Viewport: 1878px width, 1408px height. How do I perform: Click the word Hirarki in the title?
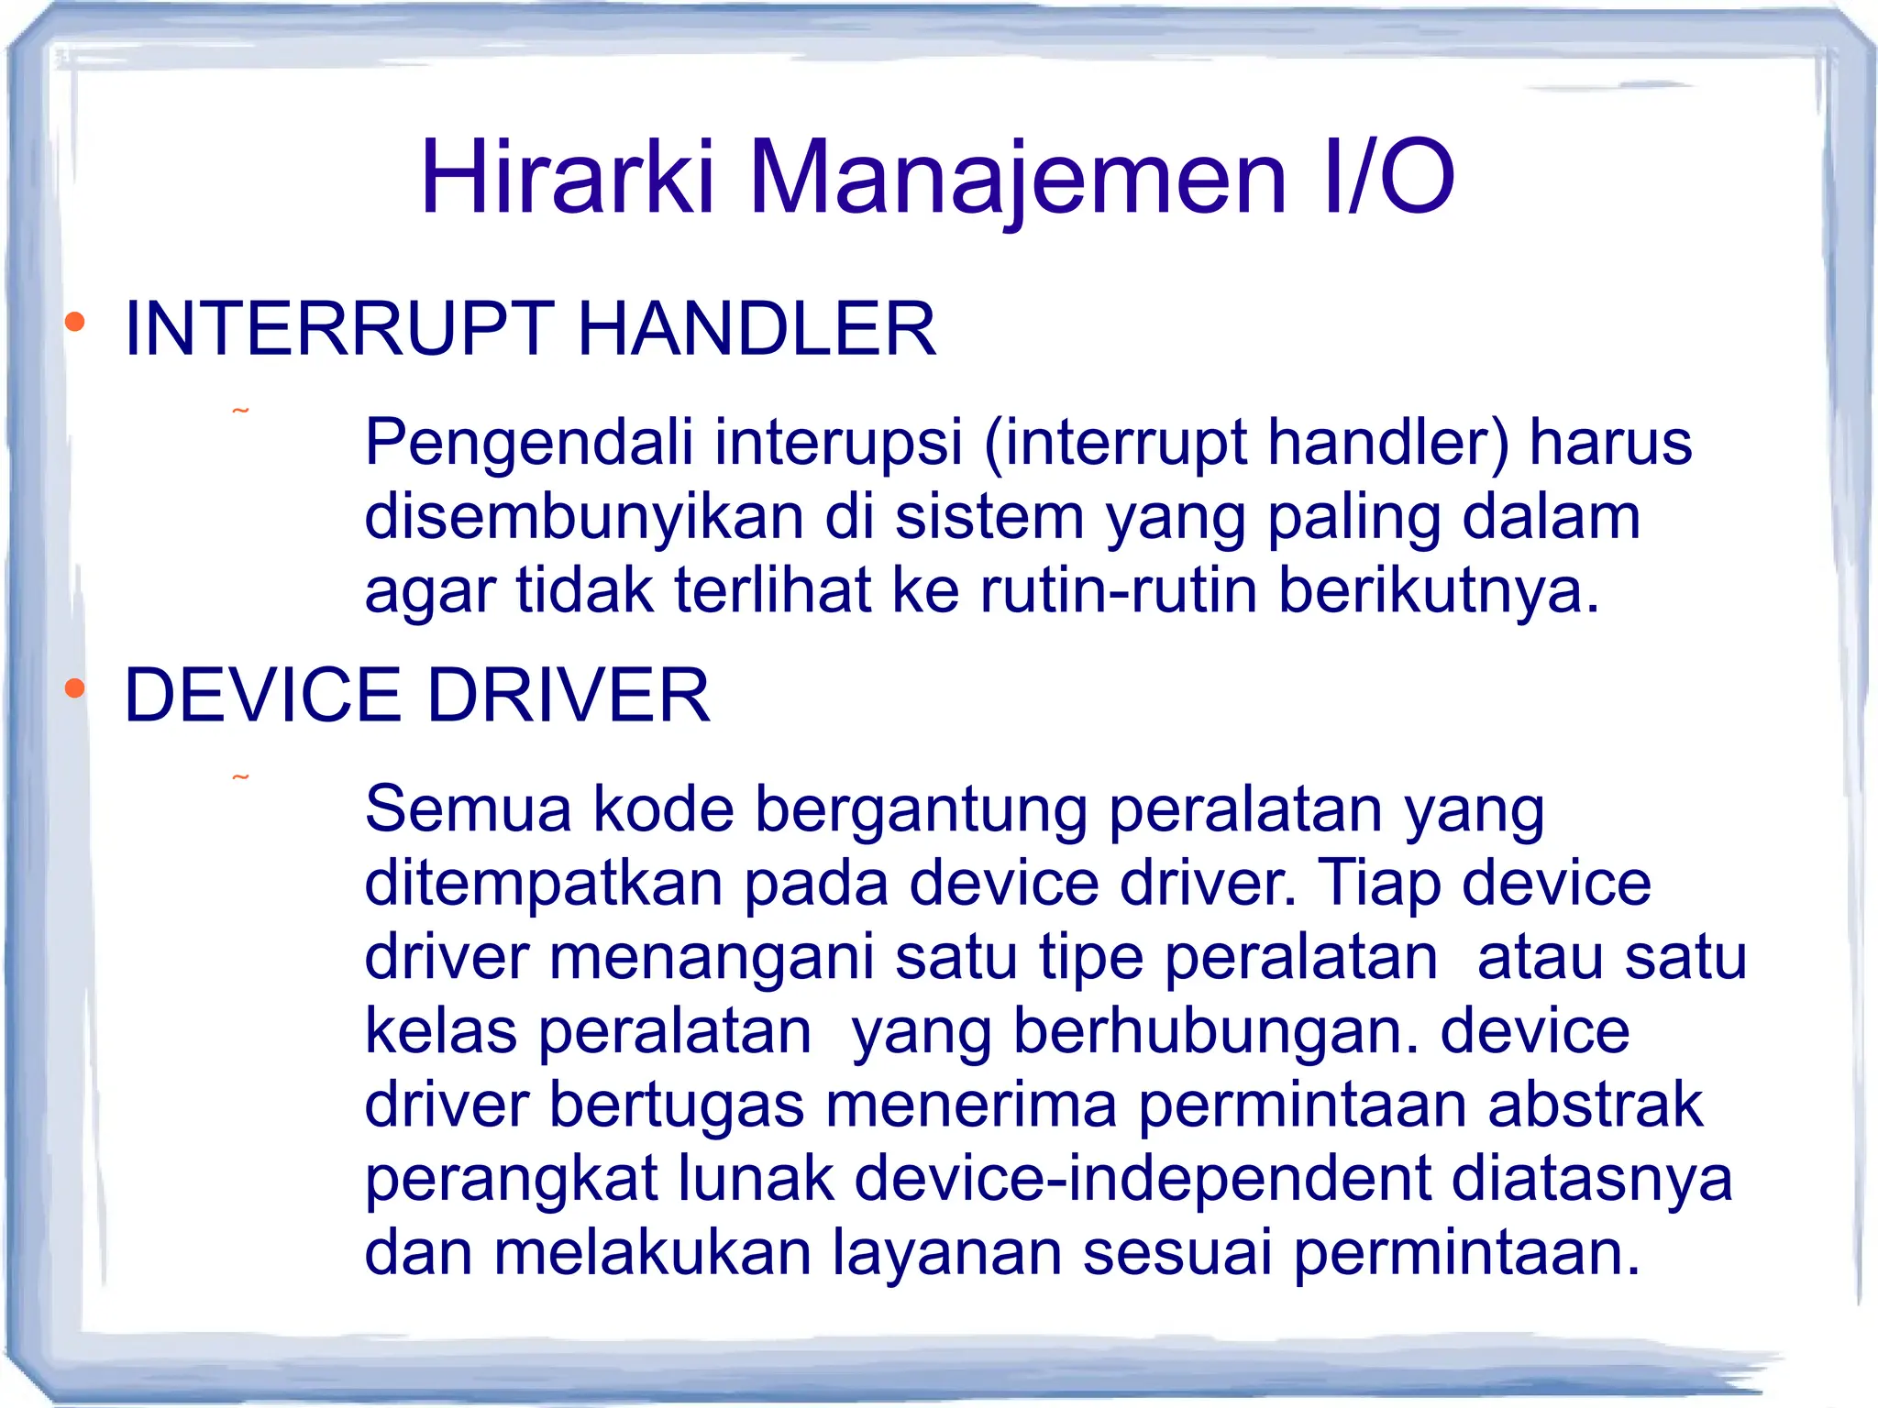(x=567, y=177)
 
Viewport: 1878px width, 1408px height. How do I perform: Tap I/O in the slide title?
(x=1388, y=177)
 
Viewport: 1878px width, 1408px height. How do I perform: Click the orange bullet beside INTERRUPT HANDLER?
(x=75, y=322)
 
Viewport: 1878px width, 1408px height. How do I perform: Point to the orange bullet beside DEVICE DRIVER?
(x=75, y=687)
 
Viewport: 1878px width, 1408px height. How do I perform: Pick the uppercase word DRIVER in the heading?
(x=569, y=695)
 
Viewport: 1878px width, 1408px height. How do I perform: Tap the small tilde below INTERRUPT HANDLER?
(x=240, y=411)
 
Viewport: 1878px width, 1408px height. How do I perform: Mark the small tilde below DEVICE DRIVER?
(x=240, y=777)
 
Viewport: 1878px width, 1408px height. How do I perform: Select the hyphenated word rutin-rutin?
(x=1119, y=589)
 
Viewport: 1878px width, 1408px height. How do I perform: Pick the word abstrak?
(x=1596, y=1104)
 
